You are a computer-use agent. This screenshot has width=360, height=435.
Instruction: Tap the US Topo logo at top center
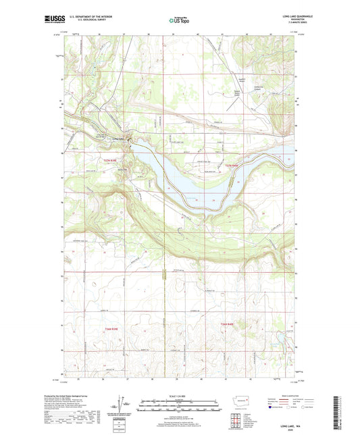tap(180, 21)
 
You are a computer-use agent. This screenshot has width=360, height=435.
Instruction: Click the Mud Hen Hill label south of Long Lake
tap(126, 169)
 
